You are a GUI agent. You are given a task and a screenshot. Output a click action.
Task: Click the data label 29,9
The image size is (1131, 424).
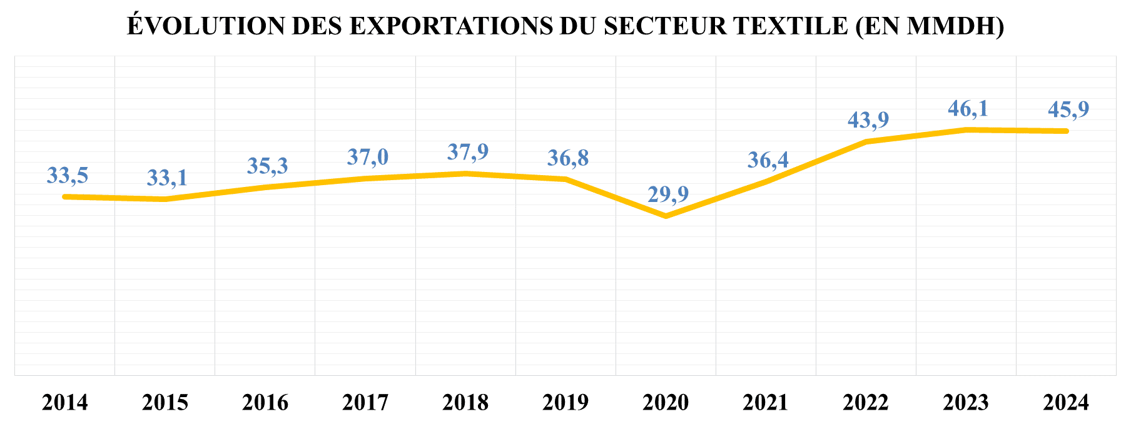coord(667,194)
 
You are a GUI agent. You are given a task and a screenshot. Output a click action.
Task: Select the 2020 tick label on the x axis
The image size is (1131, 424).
coord(666,402)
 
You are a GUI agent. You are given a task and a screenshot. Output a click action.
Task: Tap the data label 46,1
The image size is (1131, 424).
coord(968,109)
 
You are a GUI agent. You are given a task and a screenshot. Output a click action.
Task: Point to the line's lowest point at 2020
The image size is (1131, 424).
coord(666,216)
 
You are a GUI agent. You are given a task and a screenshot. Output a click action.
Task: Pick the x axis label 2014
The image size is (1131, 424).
coord(65,402)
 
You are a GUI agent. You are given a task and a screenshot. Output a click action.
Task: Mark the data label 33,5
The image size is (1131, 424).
coord(68,176)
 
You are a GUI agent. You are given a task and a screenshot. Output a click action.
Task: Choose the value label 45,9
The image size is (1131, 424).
coord(1068,109)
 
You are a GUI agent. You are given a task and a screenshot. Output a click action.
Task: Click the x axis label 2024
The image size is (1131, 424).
coord(1066,402)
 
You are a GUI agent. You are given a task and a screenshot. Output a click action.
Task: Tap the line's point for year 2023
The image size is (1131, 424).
coord(966,129)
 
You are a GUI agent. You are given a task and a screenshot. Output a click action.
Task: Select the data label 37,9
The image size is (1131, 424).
coord(468,152)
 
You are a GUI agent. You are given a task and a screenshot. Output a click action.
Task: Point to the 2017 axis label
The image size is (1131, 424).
coord(365,402)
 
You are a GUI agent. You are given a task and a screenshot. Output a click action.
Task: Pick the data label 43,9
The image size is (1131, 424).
coord(868,119)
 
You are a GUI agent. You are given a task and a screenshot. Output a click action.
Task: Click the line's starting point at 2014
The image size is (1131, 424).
coord(65,196)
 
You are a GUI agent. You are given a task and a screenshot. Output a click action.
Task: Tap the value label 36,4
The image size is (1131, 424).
coord(768,160)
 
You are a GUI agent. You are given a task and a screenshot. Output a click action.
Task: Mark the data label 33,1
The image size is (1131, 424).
coord(167,178)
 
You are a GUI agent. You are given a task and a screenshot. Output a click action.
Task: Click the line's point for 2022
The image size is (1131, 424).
coord(866,141)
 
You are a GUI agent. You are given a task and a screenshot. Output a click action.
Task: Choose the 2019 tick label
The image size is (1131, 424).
coord(565,402)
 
